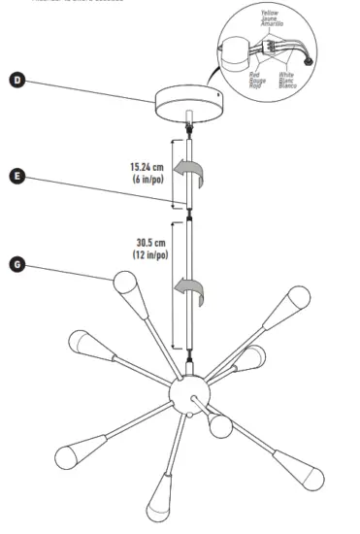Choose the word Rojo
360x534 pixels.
pyautogui.click(x=255, y=84)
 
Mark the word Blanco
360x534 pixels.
pyautogui.click(x=288, y=85)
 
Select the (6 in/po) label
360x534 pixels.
pyautogui.click(x=148, y=179)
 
